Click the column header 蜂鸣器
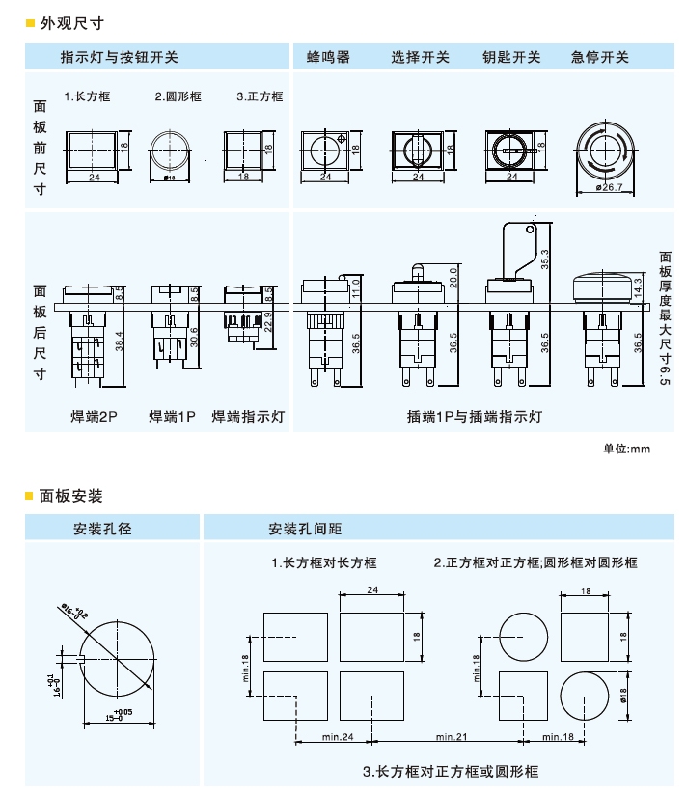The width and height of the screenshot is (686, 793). click(x=328, y=57)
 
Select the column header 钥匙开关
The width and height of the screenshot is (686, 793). click(x=511, y=57)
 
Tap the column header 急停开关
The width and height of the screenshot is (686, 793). click(x=599, y=57)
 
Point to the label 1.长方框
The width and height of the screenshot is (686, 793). click(x=88, y=96)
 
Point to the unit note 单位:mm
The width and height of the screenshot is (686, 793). click(x=627, y=449)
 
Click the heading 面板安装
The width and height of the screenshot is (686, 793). click(x=70, y=496)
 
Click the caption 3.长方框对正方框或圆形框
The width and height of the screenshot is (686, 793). click(x=451, y=771)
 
